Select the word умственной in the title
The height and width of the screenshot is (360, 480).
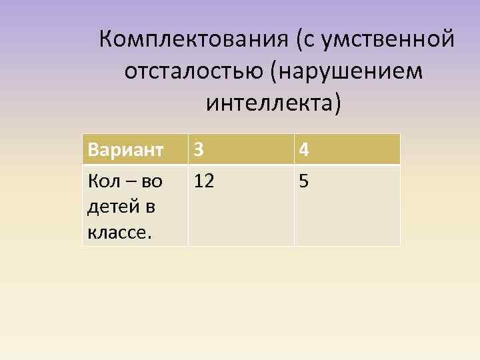(x=388, y=39)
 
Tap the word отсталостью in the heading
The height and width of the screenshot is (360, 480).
(x=194, y=71)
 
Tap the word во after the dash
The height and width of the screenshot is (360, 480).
(x=153, y=181)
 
